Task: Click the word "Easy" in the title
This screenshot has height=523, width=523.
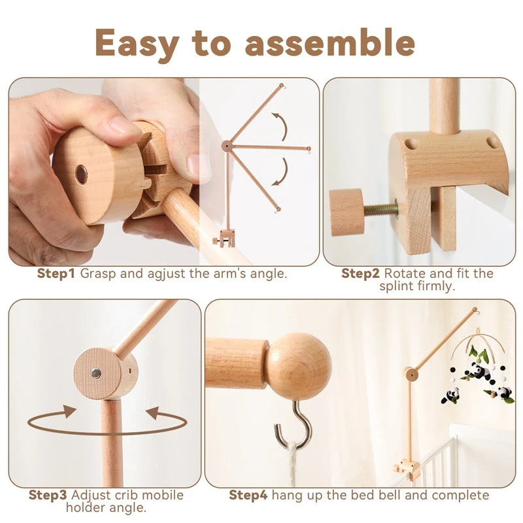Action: (136, 44)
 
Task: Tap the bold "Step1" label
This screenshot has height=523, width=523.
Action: (56, 273)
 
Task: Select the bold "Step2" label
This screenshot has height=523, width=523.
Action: (361, 273)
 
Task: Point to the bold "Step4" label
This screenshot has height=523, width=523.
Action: (248, 495)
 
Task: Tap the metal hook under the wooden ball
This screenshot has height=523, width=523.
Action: (299, 422)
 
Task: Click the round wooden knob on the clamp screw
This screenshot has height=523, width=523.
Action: (347, 212)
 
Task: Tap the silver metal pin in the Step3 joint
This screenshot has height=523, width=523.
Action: (95, 373)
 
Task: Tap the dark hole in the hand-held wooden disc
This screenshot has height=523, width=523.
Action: (81, 174)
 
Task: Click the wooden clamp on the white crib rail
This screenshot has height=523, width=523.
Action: (406, 469)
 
